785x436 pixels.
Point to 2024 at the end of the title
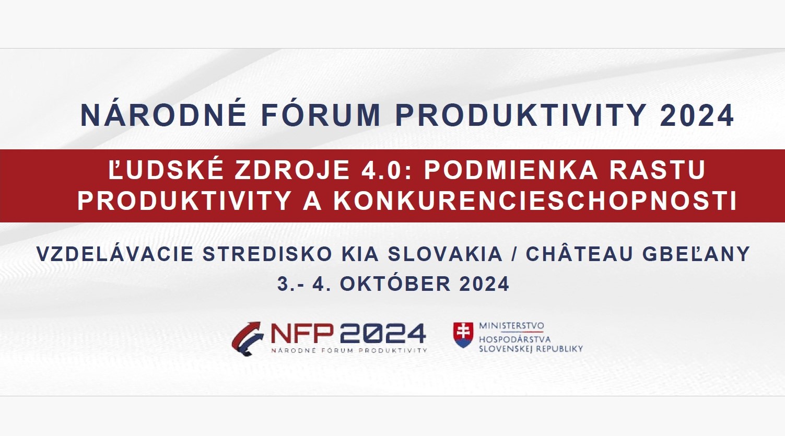click(697, 115)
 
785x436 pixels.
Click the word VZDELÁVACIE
click(114, 254)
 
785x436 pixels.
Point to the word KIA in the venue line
click(360, 254)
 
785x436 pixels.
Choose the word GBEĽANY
click(696, 254)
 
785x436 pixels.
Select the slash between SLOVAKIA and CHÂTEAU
click(514, 254)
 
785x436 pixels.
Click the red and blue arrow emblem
click(248, 338)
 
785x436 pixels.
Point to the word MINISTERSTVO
click(511, 326)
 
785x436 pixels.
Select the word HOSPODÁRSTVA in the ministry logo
click(514, 339)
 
